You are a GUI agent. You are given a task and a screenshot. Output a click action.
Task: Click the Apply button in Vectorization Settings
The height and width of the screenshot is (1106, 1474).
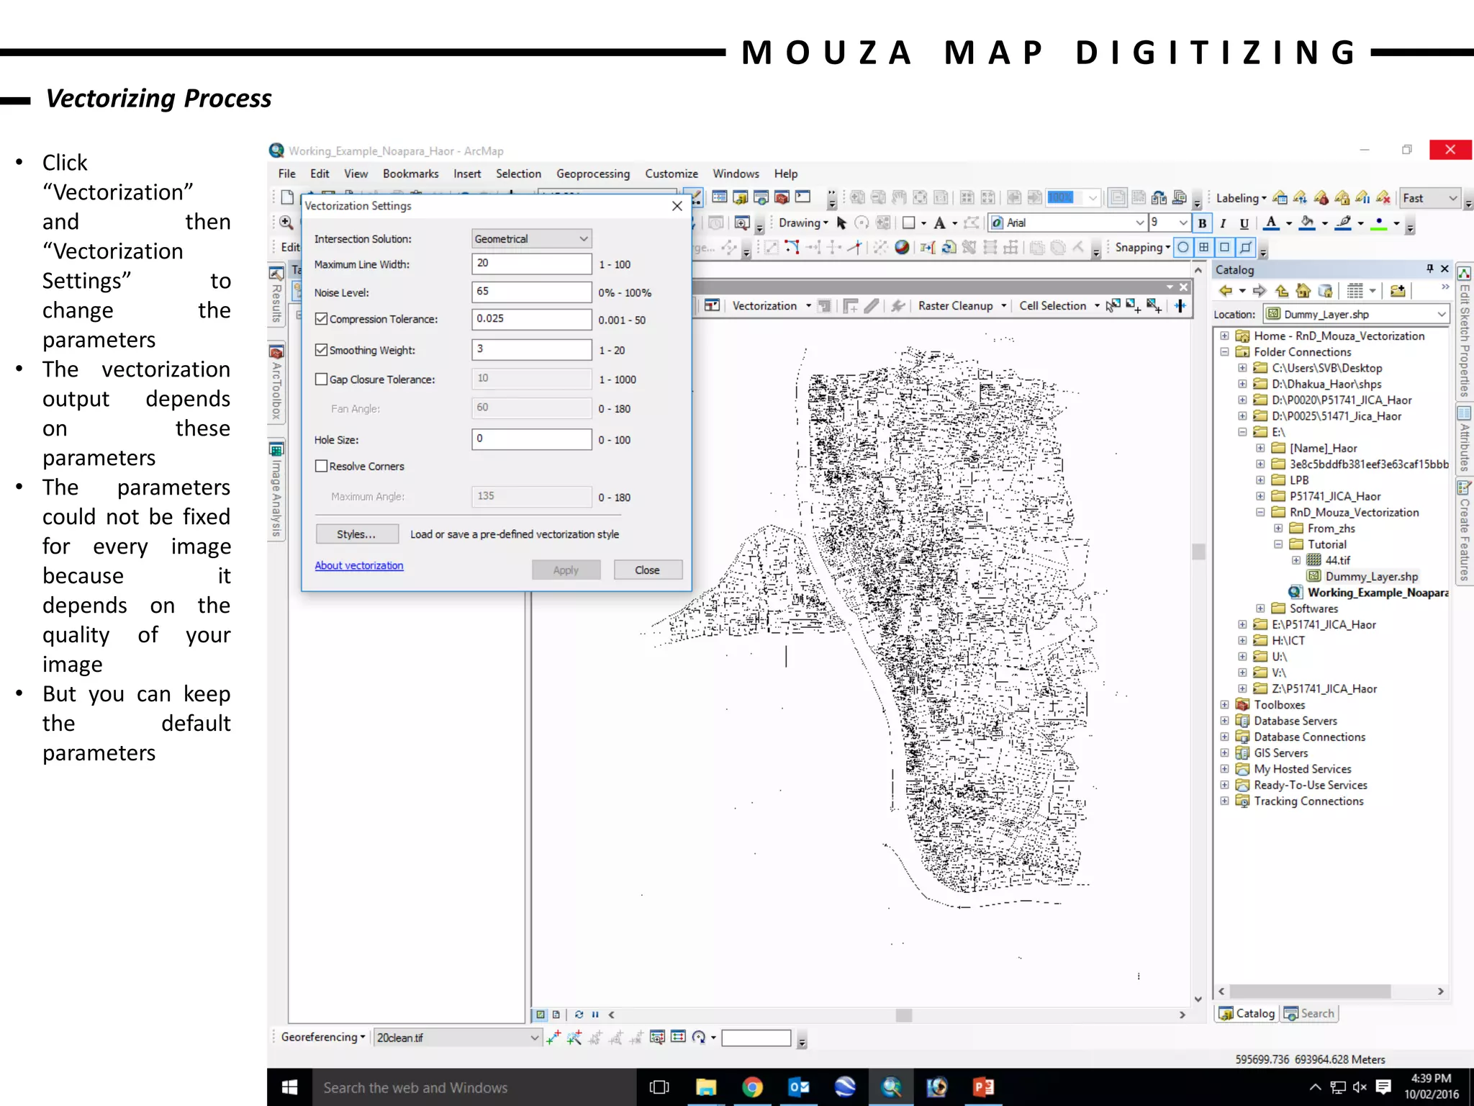point(566,570)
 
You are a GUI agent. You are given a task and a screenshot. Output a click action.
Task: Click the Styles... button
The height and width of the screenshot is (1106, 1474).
point(356,534)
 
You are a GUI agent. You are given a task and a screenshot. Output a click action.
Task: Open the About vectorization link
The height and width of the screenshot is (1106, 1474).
point(359,566)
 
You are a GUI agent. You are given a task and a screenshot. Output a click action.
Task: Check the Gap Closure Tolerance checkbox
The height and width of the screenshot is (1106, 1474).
point(322,379)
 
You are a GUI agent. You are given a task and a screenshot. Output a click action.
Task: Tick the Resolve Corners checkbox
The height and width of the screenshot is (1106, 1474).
point(322,467)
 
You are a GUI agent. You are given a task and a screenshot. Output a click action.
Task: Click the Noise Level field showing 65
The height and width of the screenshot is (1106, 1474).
point(531,292)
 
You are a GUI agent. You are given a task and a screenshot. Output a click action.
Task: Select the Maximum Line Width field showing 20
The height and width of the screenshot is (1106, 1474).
point(531,264)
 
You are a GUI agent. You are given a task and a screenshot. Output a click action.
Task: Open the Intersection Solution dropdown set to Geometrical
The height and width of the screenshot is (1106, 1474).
point(531,238)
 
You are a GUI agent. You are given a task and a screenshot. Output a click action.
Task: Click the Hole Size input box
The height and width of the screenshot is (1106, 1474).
point(531,439)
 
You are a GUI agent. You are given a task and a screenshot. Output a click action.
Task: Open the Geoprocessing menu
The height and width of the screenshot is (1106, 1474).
point(592,174)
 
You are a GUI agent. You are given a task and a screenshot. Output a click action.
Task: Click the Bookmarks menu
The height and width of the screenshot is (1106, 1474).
point(410,174)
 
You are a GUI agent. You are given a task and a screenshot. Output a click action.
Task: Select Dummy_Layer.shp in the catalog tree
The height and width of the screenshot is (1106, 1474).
point(1371,576)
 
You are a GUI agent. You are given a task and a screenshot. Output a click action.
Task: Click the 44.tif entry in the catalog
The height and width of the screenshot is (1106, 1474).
point(1337,560)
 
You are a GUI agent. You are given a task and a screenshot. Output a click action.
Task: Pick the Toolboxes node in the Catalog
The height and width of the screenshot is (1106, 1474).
point(1279,705)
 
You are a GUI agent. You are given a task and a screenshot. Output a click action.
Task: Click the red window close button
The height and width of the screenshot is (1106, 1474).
point(1450,150)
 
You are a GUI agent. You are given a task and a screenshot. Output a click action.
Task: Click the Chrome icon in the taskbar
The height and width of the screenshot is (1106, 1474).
point(752,1087)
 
